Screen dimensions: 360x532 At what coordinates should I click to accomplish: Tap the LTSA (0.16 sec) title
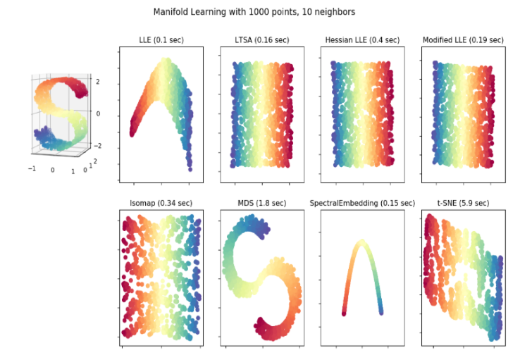(262, 40)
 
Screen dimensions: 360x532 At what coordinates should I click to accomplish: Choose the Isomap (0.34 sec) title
(161, 204)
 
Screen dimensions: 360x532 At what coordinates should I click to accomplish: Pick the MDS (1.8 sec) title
(262, 204)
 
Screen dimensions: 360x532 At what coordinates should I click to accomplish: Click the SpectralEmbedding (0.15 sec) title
(362, 204)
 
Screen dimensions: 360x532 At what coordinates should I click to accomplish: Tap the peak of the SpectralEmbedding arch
(361, 242)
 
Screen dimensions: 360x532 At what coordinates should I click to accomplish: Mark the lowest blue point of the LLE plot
(190, 169)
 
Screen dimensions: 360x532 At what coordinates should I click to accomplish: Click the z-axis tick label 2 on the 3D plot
(97, 82)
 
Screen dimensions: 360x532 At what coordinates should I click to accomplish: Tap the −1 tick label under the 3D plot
(32, 170)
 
